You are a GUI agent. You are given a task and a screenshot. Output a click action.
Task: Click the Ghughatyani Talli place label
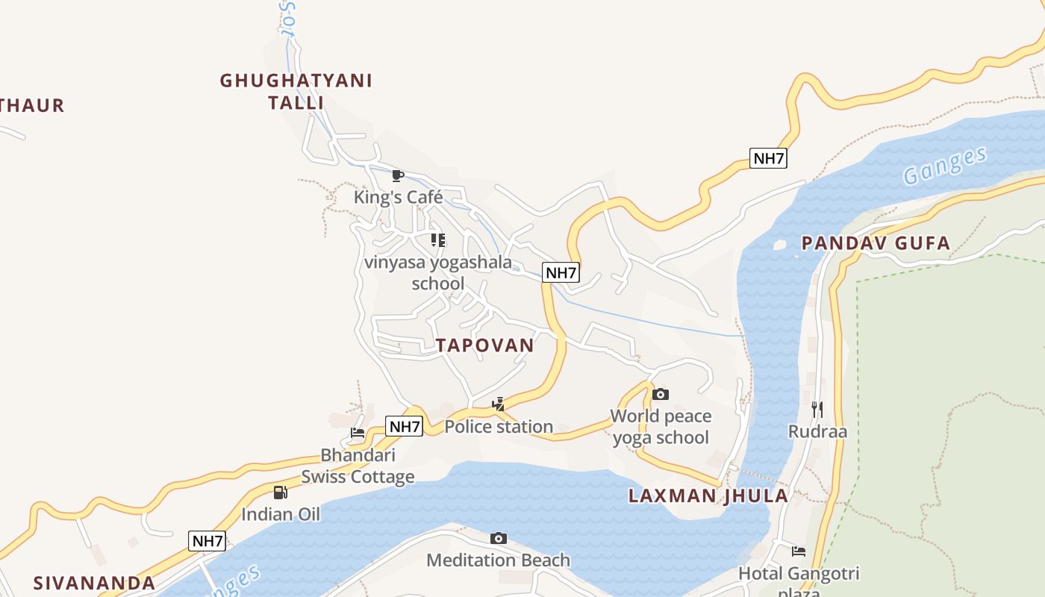(x=296, y=91)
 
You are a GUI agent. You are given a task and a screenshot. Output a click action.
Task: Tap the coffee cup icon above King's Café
(x=398, y=176)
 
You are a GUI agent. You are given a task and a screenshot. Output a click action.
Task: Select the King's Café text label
(x=398, y=197)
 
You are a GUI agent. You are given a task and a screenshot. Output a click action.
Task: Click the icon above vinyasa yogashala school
(x=438, y=240)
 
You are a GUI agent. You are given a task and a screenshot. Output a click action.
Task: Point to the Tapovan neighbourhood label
(x=485, y=345)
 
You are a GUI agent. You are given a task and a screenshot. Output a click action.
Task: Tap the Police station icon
(x=499, y=405)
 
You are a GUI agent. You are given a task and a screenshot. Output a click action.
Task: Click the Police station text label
(x=499, y=427)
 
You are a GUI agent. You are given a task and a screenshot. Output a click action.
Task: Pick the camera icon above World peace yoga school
(x=661, y=394)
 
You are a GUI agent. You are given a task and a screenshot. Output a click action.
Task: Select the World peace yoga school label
(x=661, y=426)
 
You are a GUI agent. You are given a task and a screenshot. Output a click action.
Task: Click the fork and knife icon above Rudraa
(x=817, y=409)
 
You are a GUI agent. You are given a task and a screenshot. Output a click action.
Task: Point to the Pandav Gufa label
(x=876, y=243)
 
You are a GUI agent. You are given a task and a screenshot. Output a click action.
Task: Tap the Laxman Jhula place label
(x=708, y=496)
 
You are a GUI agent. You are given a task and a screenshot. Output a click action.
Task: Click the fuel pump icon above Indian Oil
(x=280, y=492)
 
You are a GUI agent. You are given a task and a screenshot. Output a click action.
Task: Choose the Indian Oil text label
(x=280, y=514)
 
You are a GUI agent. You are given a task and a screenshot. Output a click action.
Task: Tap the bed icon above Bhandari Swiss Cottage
(x=358, y=433)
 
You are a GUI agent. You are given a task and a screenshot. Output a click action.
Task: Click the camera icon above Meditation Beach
(x=499, y=538)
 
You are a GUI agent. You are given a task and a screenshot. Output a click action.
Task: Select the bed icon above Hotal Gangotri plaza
(x=799, y=551)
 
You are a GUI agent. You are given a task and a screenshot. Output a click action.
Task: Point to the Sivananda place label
(x=95, y=583)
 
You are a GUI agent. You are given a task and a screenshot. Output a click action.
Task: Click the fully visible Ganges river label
(x=945, y=166)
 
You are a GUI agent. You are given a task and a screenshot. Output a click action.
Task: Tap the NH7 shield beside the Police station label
(x=405, y=427)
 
